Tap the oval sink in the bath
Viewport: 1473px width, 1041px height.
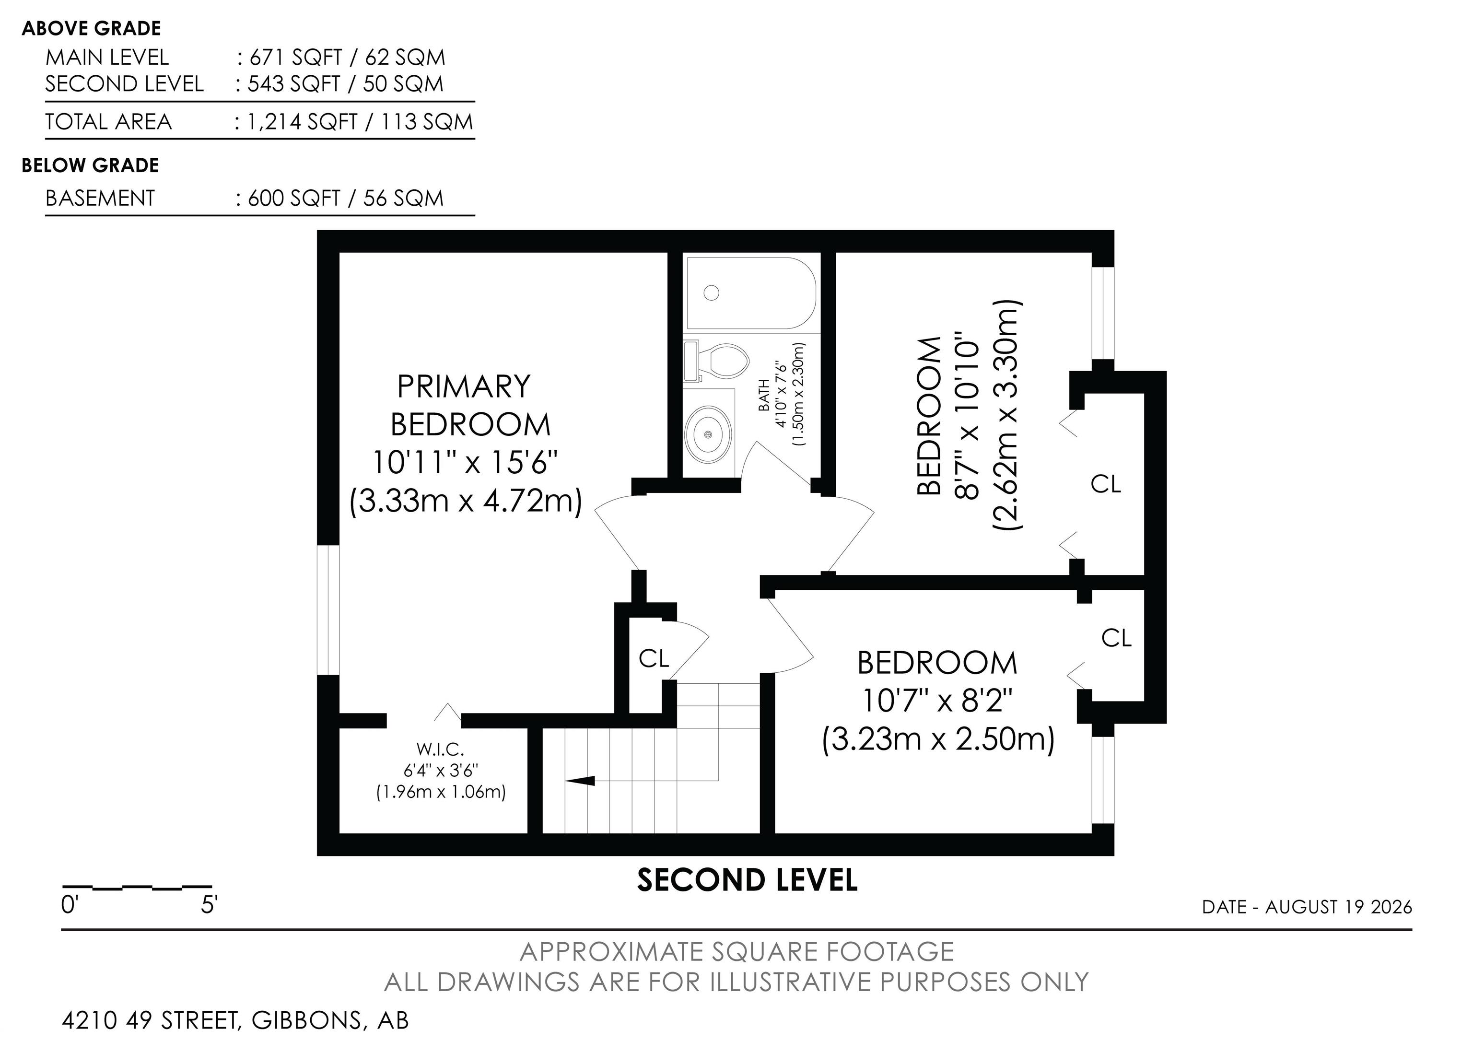(x=708, y=434)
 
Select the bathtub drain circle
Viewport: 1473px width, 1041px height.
(x=711, y=293)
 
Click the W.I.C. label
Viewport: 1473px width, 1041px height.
(x=440, y=749)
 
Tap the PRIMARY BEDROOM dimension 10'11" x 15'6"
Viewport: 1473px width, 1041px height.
(x=465, y=461)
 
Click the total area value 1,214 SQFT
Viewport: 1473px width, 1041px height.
(x=302, y=122)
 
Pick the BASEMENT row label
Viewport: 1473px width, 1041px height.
(x=100, y=198)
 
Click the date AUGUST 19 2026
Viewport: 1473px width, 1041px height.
(x=1338, y=907)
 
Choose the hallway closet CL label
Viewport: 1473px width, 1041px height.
(x=654, y=658)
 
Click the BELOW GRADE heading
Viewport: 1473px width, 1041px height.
(x=91, y=165)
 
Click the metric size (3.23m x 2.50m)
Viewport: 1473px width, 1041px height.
(x=938, y=739)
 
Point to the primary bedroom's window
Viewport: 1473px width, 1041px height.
(x=328, y=610)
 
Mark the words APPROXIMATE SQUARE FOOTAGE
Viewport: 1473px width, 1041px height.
(x=736, y=952)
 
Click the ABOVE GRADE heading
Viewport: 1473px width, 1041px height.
(x=91, y=28)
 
